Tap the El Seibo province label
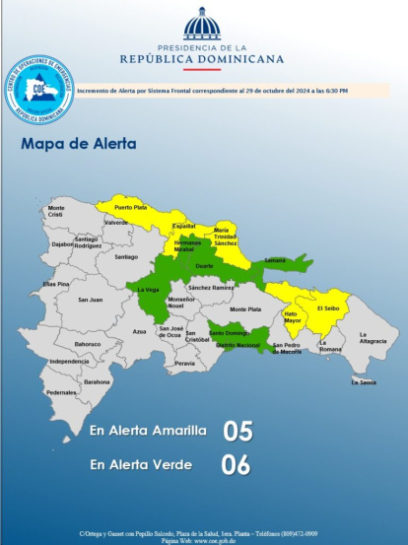pyautogui.click(x=327, y=308)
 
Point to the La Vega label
pyautogui.click(x=148, y=289)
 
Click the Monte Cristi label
pyautogui.click(x=56, y=211)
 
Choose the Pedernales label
pyautogui.click(x=61, y=392)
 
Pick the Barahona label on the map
pyautogui.click(x=97, y=381)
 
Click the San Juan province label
pyautogui.click(x=91, y=300)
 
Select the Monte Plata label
pyautogui.click(x=245, y=308)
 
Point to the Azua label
pyautogui.click(x=139, y=331)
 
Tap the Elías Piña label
pyautogui.click(x=55, y=284)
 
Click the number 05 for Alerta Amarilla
pyautogui.click(x=238, y=431)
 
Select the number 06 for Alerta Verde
pyautogui.click(x=238, y=464)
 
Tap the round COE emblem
pyautogui.click(x=39, y=90)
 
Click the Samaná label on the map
pyautogui.click(x=275, y=260)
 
